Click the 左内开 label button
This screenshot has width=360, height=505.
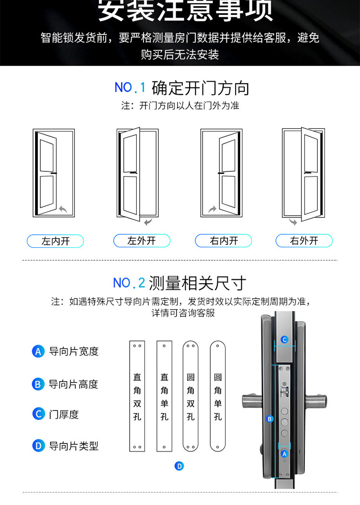point(55,241)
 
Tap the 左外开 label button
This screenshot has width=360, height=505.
point(142,240)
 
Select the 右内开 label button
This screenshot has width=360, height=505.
point(224,240)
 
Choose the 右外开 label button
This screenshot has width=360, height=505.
point(304,240)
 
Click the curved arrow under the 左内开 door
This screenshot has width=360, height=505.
point(63,209)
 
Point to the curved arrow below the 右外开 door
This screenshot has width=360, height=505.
point(293,222)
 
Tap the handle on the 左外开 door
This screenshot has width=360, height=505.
point(133,173)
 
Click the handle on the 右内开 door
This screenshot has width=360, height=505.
point(221,173)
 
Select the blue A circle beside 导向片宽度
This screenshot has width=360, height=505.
point(38,351)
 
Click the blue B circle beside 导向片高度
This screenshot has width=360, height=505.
point(38,384)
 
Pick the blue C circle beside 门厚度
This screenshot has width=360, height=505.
point(38,414)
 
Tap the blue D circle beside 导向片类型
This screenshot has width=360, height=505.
point(38,446)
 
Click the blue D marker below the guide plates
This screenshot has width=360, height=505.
point(179,466)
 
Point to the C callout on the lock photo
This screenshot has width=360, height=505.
point(284,339)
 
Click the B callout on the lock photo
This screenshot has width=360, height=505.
point(269,419)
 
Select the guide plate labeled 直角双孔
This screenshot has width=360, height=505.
point(137,396)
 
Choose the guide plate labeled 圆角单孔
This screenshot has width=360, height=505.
point(217,396)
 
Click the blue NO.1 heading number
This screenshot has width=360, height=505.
point(130,87)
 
